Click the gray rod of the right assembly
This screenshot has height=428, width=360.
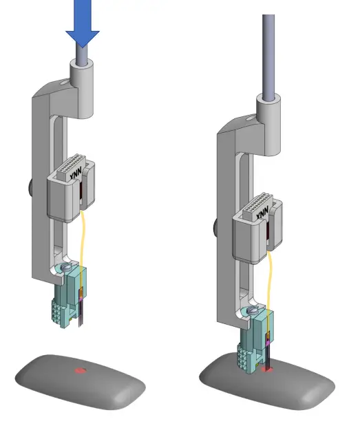268,55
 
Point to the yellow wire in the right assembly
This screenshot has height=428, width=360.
271,275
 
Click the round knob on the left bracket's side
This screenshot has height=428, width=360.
31,186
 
